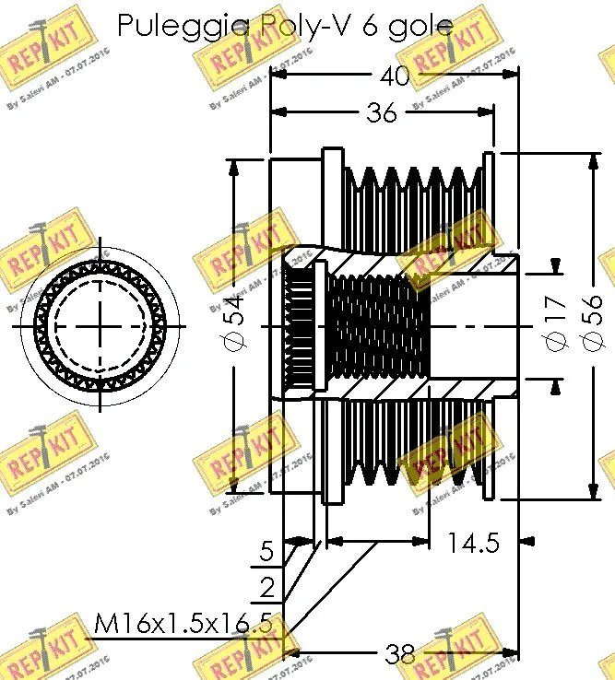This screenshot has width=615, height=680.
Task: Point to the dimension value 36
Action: (x=380, y=112)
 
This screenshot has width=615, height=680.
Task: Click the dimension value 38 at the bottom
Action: (x=400, y=654)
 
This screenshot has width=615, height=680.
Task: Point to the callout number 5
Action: (x=266, y=552)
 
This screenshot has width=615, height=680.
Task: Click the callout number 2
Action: (x=266, y=588)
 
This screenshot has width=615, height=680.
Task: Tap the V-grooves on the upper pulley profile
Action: (x=410, y=193)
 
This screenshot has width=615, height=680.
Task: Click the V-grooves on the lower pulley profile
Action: (x=410, y=456)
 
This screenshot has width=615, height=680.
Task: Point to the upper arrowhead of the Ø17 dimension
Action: (x=555, y=267)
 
